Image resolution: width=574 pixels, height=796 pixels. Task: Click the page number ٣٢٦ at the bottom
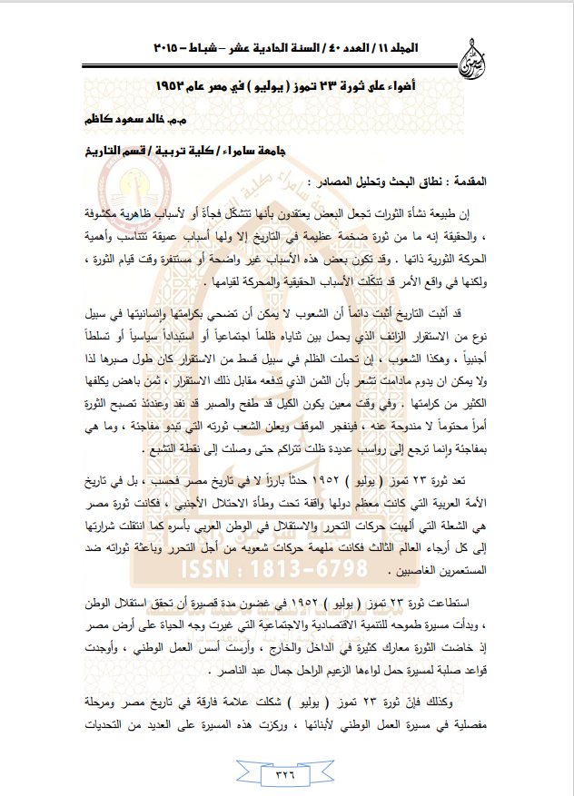coord(287,774)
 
